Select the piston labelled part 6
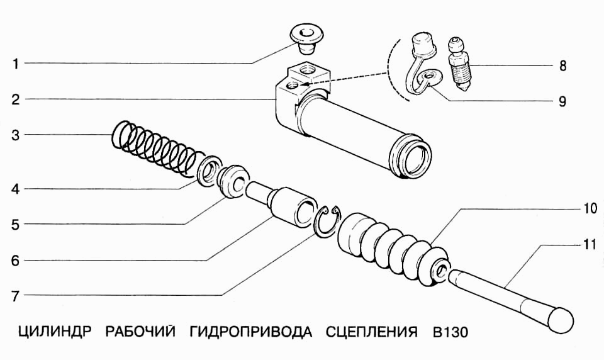click(x=293, y=208)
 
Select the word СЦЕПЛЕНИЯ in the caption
click(x=372, y=332)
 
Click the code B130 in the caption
click(x=450, y=332)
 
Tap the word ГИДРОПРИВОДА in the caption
click(x=250, y=332)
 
